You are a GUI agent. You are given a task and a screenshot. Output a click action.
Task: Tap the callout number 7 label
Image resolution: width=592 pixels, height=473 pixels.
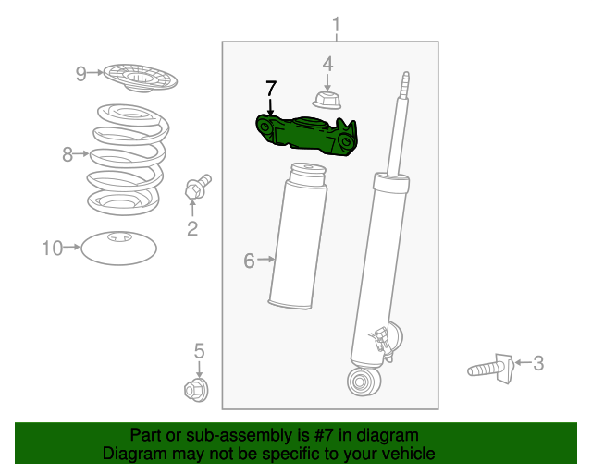(x=270, y=90)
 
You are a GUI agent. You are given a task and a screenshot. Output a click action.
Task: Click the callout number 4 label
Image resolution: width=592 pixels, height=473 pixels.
(x=327, y=63)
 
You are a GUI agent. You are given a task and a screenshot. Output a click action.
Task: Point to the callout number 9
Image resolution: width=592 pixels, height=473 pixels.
(x=81, y=73)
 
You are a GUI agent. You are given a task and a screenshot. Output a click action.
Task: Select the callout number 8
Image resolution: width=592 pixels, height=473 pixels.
(x=68, y=154)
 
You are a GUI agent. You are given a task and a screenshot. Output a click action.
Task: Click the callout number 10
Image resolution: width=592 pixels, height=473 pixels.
(x=52, y=248)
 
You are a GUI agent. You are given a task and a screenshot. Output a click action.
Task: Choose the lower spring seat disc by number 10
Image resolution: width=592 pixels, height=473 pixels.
(x=118, y=247)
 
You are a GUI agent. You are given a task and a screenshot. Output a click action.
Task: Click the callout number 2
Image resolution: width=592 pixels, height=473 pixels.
(x=192, y=228)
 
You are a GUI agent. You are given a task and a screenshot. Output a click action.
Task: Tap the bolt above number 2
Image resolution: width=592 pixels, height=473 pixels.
(x=197, y=187)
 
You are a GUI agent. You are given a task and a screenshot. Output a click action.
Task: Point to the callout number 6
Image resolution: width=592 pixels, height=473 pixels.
(x=249, y=261)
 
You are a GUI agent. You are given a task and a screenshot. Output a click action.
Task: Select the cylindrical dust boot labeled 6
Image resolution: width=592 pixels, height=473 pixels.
(x=299, y=236)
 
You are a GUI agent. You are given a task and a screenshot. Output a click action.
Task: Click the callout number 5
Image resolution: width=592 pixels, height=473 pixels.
(x=198, y=350)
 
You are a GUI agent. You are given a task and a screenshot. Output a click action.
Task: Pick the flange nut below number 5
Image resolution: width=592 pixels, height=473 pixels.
(x=197, y=391)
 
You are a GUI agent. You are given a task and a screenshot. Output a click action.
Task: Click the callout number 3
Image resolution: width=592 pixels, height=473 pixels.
(x=537, y=363)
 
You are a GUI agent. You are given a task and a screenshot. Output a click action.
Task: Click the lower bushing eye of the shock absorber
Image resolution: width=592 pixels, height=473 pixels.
(x=362, y=379)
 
